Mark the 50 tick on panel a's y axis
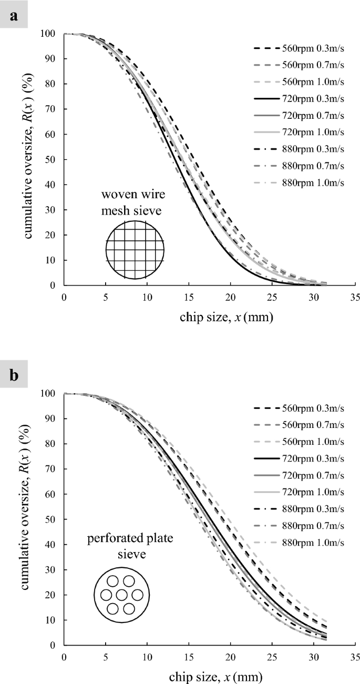pyautogui.click(x=54, y=159)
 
